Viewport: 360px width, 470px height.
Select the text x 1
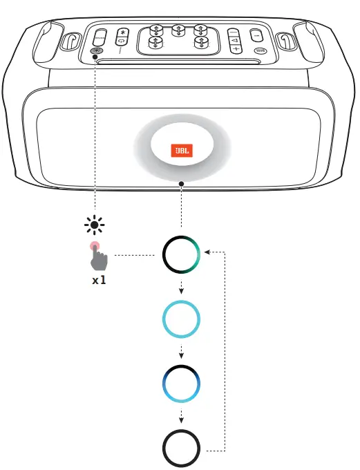pyautogui.click(x=99, y=282)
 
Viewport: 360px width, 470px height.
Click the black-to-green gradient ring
pyautogui.click(x=181, y=255)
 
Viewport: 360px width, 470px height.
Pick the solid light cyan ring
pyautogui.click(x=181, y=319)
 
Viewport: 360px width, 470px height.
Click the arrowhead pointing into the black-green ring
pyautogui.click(x=210, y=253)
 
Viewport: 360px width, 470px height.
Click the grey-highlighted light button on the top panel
pyautogui.click(x=96, y=50)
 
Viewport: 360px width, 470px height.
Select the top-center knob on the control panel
pyautogui.click(x=178, y=30)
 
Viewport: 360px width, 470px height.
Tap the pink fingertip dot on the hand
pyautogui.click(x=93, y=247)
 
